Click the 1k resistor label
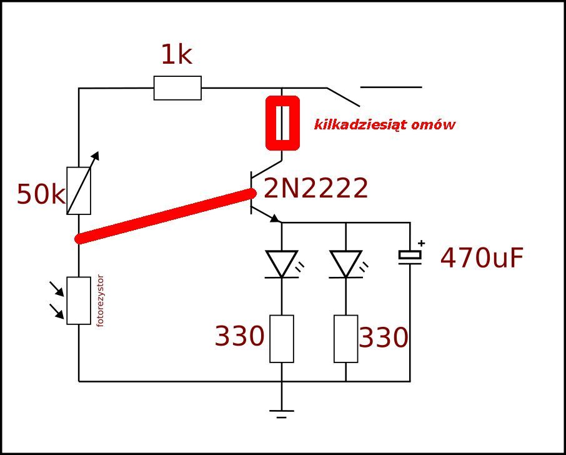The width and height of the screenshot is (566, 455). pyautogui.click(x=177, y=55)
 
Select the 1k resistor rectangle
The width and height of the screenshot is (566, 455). pyautogui.click(x=177, y=87)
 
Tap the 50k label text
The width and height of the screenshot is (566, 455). pyautogui.click(x=41, y=194)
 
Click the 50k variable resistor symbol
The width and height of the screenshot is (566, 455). pyautogui.click(x=79, y=191)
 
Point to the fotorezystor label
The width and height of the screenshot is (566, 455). pyautogui.click(x=101, y=301)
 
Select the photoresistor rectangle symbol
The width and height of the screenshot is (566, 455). pyautogui.click(x=79, y=301)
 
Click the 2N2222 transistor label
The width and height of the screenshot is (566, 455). pyautogui.click(x=316, y=189)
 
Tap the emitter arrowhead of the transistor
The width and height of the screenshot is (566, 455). pyautogui.click(x=275, y=219)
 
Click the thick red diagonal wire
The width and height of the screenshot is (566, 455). pyautogui.click(x=166, y=216)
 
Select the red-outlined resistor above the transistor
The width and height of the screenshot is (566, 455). pyautogui.click(x=282, y=122)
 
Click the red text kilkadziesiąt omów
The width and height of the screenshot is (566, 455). pyautogui.click(x=384, y=125)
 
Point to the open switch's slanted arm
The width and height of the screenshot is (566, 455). pyautogui.click(x=343, y=97)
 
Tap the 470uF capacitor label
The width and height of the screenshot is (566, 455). pyautogui.click(x=482, y=258)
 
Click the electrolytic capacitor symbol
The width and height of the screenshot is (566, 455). pyautogui.click(x=410, y=257)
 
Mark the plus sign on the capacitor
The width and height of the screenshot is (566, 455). pyautogui.click(x=421, y=243)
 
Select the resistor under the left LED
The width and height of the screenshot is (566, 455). pyautogui.click(x=282, y=339)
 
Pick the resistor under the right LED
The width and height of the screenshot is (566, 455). pyautogui.click(x=346, y=339)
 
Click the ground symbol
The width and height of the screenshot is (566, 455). pyautogui.click(x=282, y=414)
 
